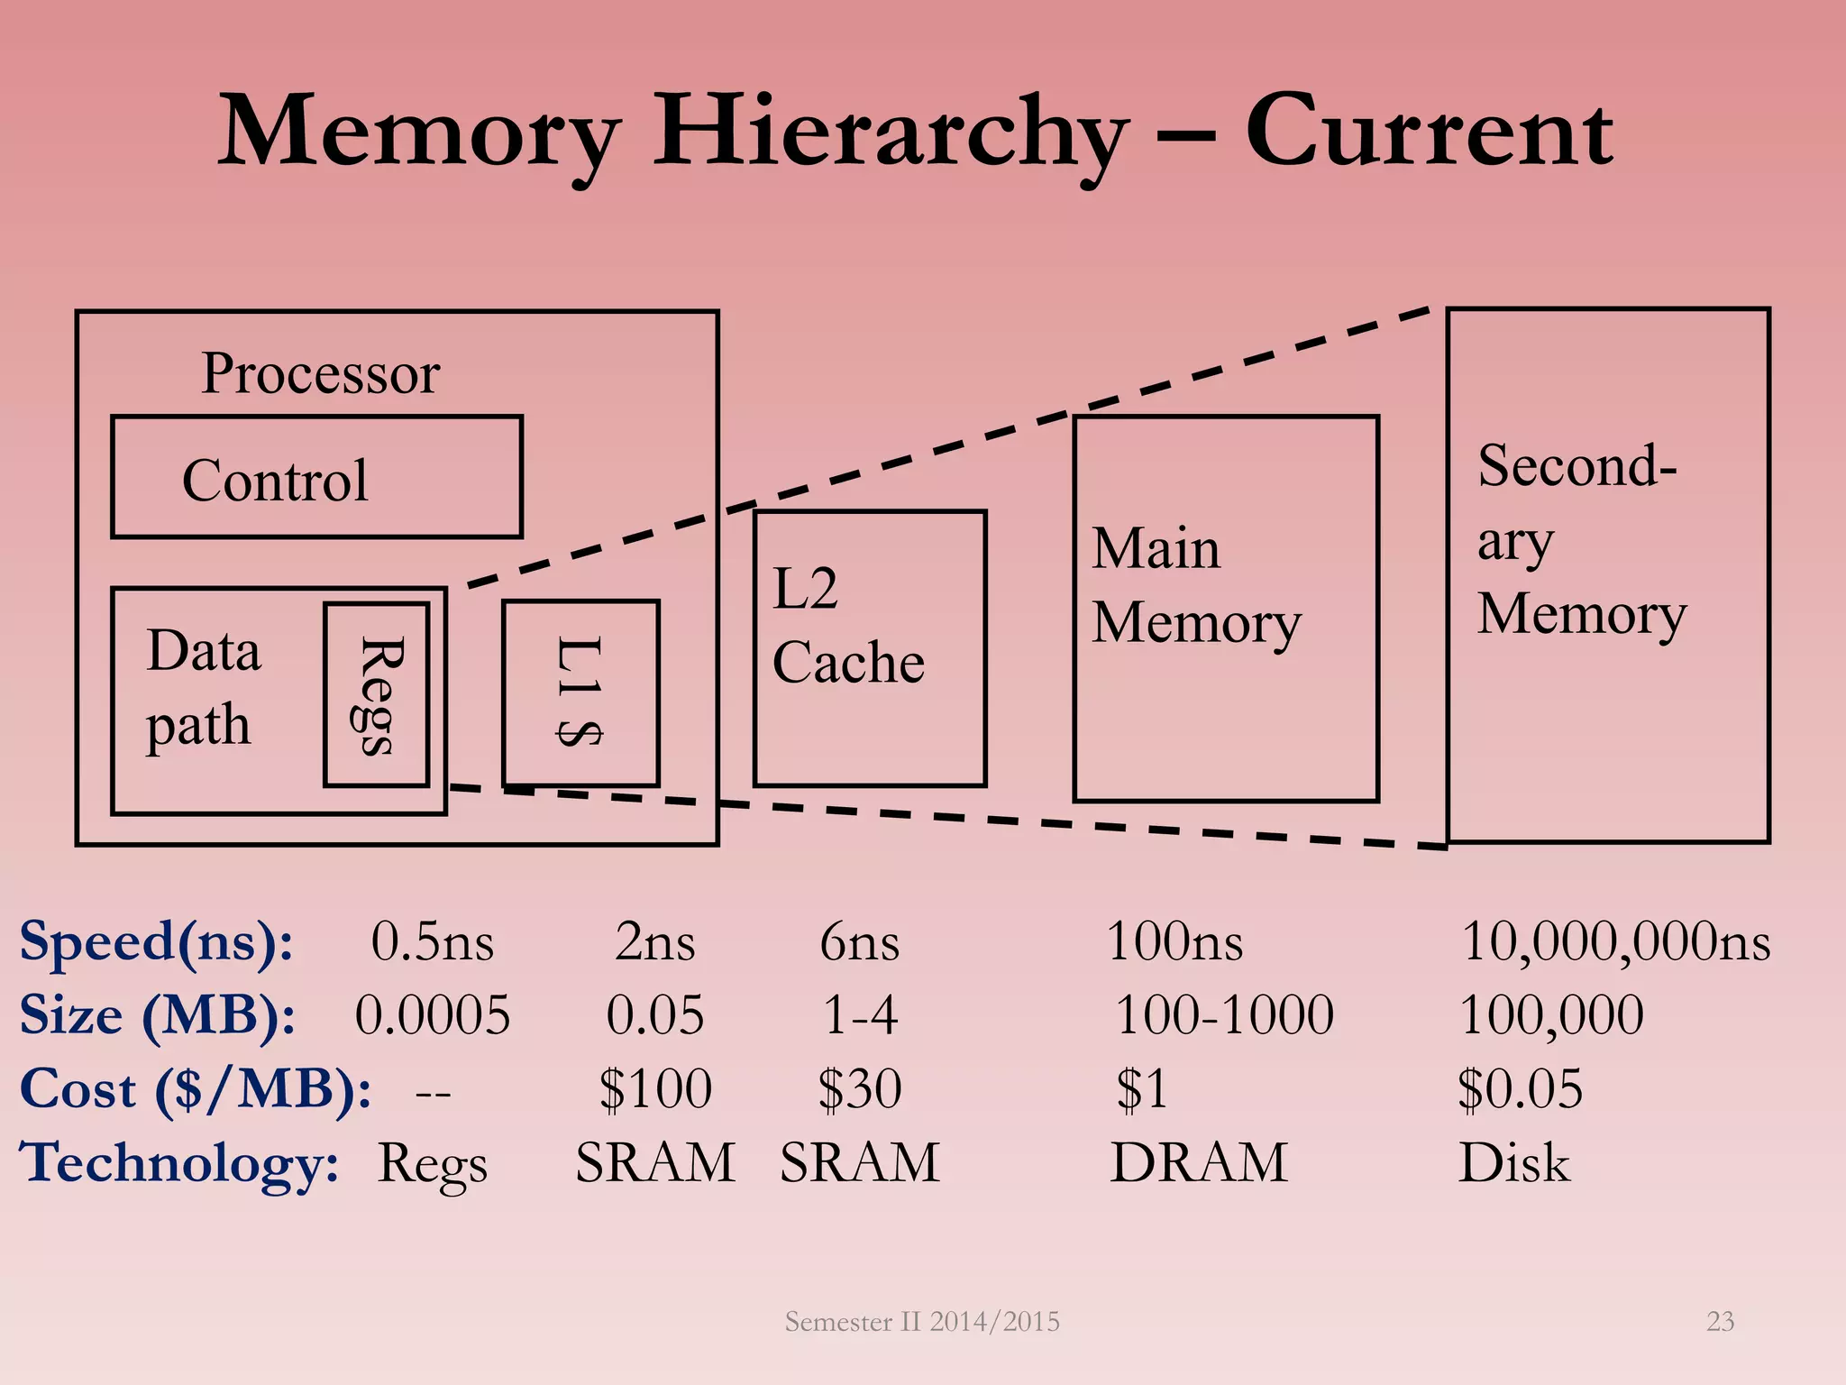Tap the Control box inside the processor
click(x=316, y=477)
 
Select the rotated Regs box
click(x=376, y=694)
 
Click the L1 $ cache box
click(x=580, y=692)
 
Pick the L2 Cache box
click(x=869, y=648)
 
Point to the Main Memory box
click(x=1225, y=609)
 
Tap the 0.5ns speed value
click(x=432, y=942)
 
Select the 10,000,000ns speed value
click(x=1615, y=942)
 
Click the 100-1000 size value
click(x=1224, y=1015)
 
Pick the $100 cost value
click(x=655, y=1088)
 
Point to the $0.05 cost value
click(x=1520, y=1088)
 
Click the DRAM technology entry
click(x=1199, y=1162)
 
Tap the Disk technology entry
click(x=1514, y=1162)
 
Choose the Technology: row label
click(x=179, y=1162)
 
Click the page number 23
click(x=1720, y=1321)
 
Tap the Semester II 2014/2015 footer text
click(x=922, y=1321)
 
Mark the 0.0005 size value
click(x=432, y=1015)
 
